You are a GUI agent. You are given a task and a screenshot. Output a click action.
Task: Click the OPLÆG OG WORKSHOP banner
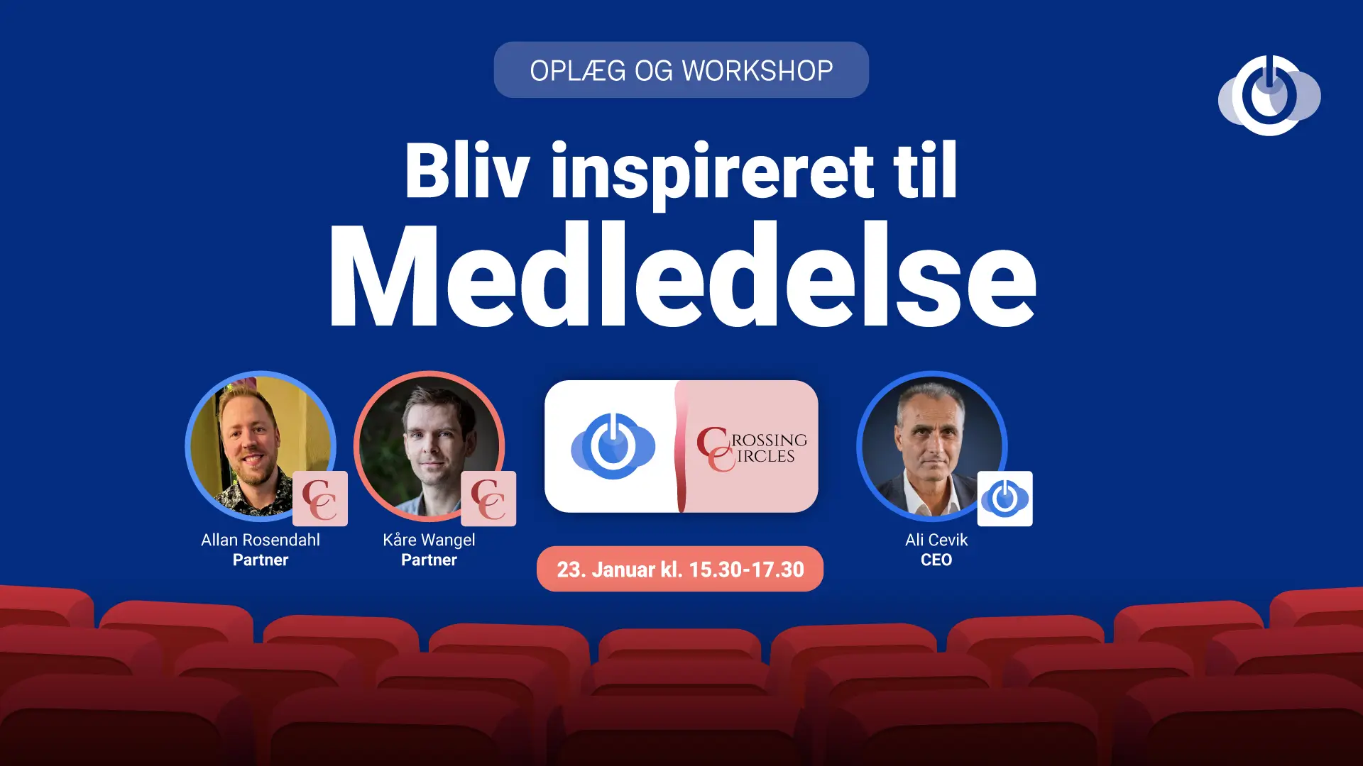[681, 70]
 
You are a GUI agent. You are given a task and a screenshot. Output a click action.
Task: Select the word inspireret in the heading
[712, 174]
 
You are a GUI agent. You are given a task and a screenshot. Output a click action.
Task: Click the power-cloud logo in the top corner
[1269, 96]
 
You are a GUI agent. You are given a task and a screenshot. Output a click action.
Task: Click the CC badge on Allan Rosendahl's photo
[320, 499]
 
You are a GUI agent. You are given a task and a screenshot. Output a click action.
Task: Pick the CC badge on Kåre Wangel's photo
[488, 499]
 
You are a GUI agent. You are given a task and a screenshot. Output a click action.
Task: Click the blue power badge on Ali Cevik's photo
[1005, 499]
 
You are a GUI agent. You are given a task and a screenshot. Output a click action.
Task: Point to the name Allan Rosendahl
[261, 540]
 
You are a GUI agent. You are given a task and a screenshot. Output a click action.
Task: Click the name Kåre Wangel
[429, 540]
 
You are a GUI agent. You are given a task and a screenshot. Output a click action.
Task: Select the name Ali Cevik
[936, 540]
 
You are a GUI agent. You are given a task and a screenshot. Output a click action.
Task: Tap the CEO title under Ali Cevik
[936, 560]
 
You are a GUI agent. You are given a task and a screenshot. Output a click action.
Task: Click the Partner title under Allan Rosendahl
[261, 560]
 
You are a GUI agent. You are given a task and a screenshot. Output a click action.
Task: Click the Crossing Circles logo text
[752, 448]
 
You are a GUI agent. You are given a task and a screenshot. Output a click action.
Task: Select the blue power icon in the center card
[613, 446]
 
